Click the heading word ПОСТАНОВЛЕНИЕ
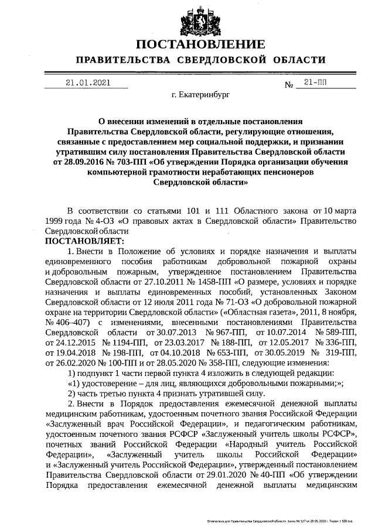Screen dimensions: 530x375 (201, 45)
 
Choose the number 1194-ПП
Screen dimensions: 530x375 (123, 342)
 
